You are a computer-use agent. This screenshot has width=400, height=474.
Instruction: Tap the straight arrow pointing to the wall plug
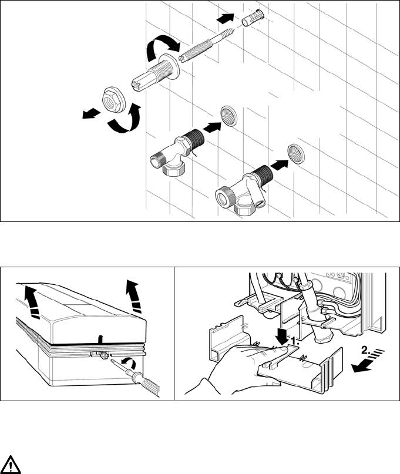tap(226, 18)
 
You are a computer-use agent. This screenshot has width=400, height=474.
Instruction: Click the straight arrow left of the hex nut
tap(91, 113)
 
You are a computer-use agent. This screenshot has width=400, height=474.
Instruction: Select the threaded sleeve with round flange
tap(156, 73)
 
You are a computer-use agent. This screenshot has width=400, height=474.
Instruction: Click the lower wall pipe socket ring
tap(296, 154)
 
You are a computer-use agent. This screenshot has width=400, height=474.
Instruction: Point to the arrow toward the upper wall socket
tap(212, 127)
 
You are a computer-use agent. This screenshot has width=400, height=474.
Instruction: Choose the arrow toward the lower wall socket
tap(280, 165)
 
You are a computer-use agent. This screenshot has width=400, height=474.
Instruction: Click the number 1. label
tap(295, 341)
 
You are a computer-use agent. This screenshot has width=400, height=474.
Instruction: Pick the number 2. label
tap(366, 351)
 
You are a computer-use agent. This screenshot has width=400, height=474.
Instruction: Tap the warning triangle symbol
tap(11, 464)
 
